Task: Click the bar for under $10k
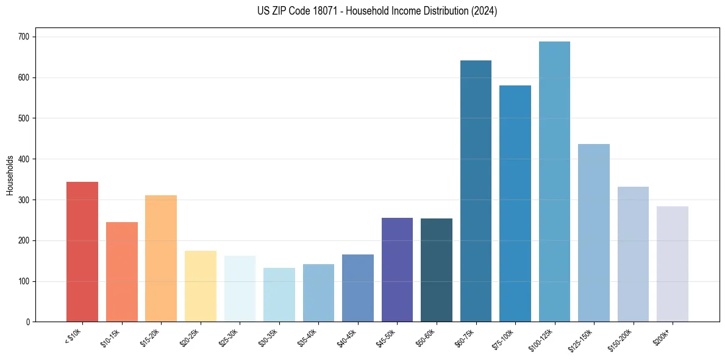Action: (82, 251)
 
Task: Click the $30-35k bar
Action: (279, 295)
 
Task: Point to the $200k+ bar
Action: (672, 264)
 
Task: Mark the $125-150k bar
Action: (594, 232)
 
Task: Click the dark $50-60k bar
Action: (437, 270)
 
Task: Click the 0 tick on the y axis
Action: (29, 322)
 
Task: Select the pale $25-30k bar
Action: (240, 289)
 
